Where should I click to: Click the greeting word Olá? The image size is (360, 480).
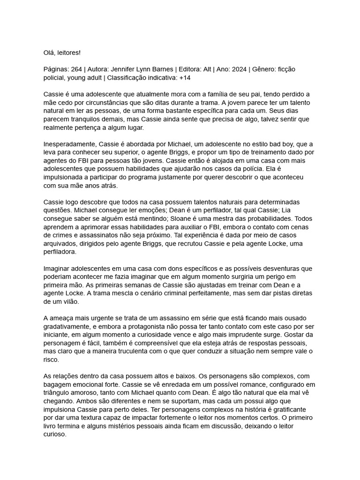pyautogui.click(x=49, y=52)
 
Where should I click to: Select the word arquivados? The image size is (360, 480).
pyautogui.click(x=61, y=244)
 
